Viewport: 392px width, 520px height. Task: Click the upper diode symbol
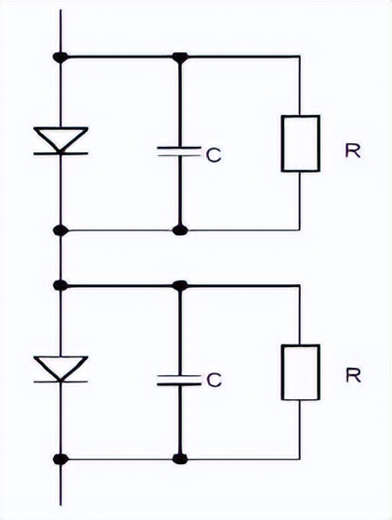tap(61, 140)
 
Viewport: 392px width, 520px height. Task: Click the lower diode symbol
tap(61, 370)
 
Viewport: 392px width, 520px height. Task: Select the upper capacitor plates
tap(179, 150)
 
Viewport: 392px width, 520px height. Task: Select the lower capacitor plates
tap(179, 380)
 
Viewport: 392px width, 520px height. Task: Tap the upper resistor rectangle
tap(300, 143)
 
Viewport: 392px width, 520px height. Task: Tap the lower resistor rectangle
tap(300, 372)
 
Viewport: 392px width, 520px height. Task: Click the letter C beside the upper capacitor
tap(214, 155)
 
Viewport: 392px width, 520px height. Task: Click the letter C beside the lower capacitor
tap(214, 380)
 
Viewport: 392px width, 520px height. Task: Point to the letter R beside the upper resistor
tap(353, 150)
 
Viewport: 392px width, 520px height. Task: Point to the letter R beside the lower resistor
tap(353, 375)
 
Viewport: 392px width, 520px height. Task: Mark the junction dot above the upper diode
tap(60, 57)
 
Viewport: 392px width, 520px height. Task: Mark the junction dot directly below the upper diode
tap(60, 230)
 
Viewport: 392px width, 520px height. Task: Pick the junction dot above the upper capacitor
tap(180, 58)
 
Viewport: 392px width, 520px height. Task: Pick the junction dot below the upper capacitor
tap(180, 230)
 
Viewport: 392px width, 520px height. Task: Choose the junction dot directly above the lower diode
tap(60, 285)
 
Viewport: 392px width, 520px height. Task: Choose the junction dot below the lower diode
tap(60, 460)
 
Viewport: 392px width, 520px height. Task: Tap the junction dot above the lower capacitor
tap(180, 285)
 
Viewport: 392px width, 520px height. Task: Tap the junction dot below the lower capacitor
tap(180, 460)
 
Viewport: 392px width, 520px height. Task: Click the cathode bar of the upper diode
tap(61, 153)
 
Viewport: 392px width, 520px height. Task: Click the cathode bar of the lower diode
tap(61, 382)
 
